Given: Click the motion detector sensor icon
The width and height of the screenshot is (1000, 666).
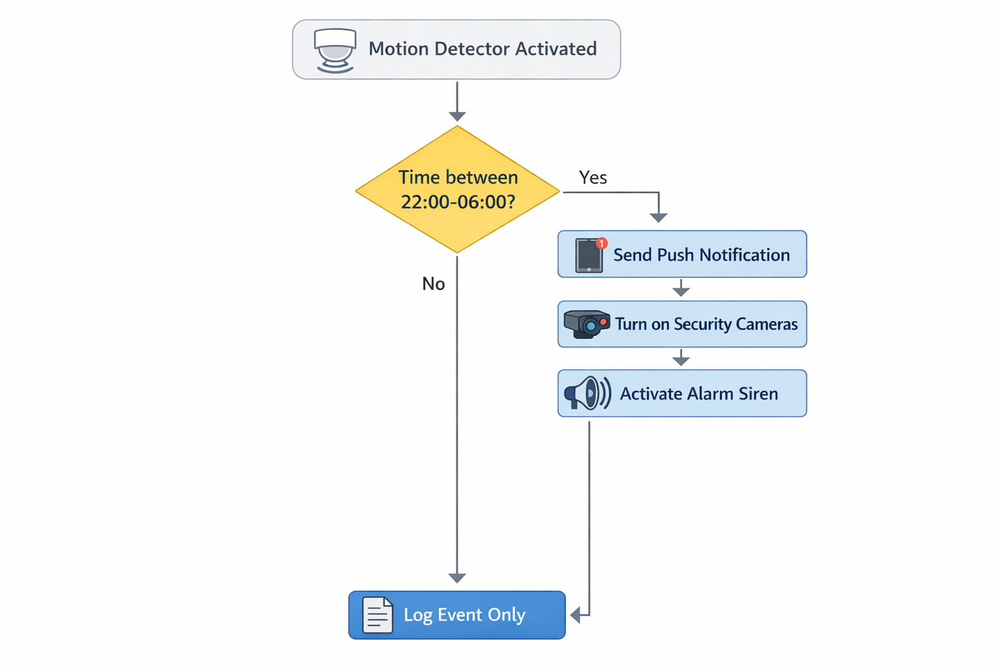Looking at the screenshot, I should click(335, 49).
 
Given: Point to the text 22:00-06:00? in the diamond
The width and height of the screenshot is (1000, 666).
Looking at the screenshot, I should click(458, 202).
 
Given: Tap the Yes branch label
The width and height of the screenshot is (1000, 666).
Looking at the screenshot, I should click(592, 178).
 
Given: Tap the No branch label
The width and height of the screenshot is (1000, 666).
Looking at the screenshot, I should click(433, 284).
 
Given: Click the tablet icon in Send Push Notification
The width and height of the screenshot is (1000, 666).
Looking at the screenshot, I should click(589, 256).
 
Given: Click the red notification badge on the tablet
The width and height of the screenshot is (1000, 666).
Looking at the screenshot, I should click(602, 243).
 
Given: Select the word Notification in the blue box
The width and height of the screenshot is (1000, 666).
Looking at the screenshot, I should click(745, 255).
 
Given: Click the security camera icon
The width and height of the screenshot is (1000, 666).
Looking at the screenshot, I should click(586, 323).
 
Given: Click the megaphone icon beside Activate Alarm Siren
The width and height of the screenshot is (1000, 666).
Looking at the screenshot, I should click(587, 393).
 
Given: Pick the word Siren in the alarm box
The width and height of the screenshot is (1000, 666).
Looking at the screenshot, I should click(758, 393).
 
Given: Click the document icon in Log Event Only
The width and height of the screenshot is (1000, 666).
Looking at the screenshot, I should click(378, 615).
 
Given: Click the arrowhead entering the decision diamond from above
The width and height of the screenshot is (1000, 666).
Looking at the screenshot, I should click(457, 116).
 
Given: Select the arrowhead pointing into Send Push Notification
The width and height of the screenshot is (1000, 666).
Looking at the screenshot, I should click(658, 217).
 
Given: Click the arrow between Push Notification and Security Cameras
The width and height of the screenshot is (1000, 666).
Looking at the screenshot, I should click(681, 289).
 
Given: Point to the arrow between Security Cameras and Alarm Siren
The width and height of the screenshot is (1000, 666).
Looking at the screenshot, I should click(681, 358).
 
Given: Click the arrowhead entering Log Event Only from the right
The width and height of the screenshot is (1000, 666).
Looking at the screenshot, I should click(576, 615).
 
